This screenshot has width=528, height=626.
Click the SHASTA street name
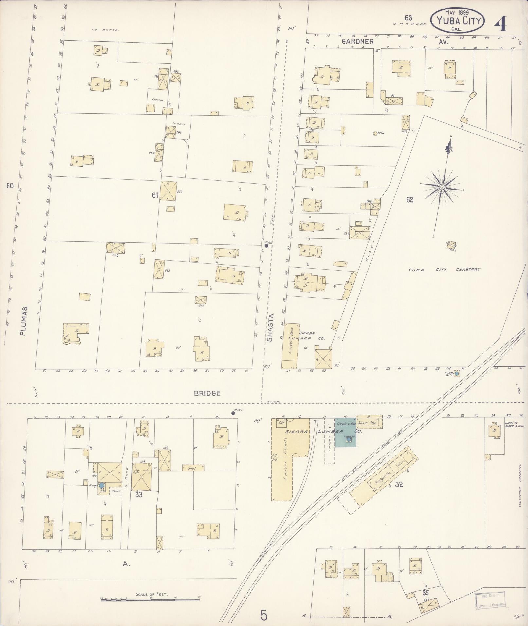point(270,328)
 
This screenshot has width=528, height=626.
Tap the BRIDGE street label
point(207,393)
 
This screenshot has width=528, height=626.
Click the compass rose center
point(442,187)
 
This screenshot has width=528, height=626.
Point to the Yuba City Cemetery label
point(444,270)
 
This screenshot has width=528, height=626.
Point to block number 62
point(410,200)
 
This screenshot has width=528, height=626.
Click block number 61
point(155,195)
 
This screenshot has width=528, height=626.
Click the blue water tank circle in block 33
point(102,485)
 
